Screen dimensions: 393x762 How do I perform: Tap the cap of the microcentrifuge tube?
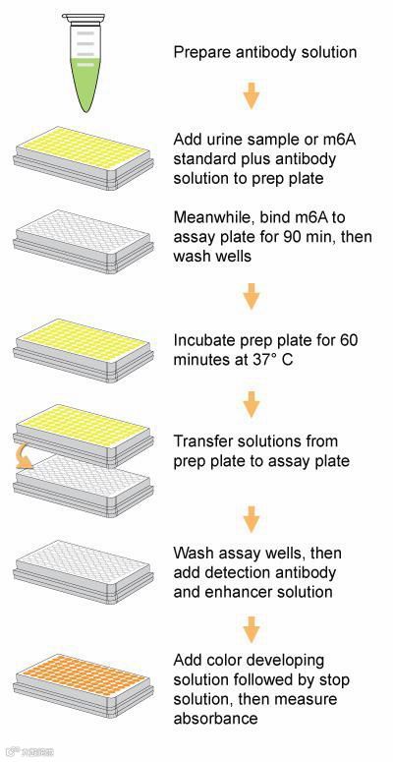(84, 19)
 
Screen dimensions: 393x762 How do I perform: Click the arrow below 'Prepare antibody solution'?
(252, 95)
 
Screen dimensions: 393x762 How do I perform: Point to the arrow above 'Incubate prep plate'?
(252, 296)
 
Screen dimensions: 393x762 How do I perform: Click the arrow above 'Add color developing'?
(252, 630)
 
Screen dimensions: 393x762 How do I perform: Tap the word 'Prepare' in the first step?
(201, 52)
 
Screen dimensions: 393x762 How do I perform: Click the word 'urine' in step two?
(230, 140)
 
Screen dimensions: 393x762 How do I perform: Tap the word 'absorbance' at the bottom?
(215, 719)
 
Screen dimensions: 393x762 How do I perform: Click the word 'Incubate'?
(201, 340)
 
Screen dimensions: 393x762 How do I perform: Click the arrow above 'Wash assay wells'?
(252, 519)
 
